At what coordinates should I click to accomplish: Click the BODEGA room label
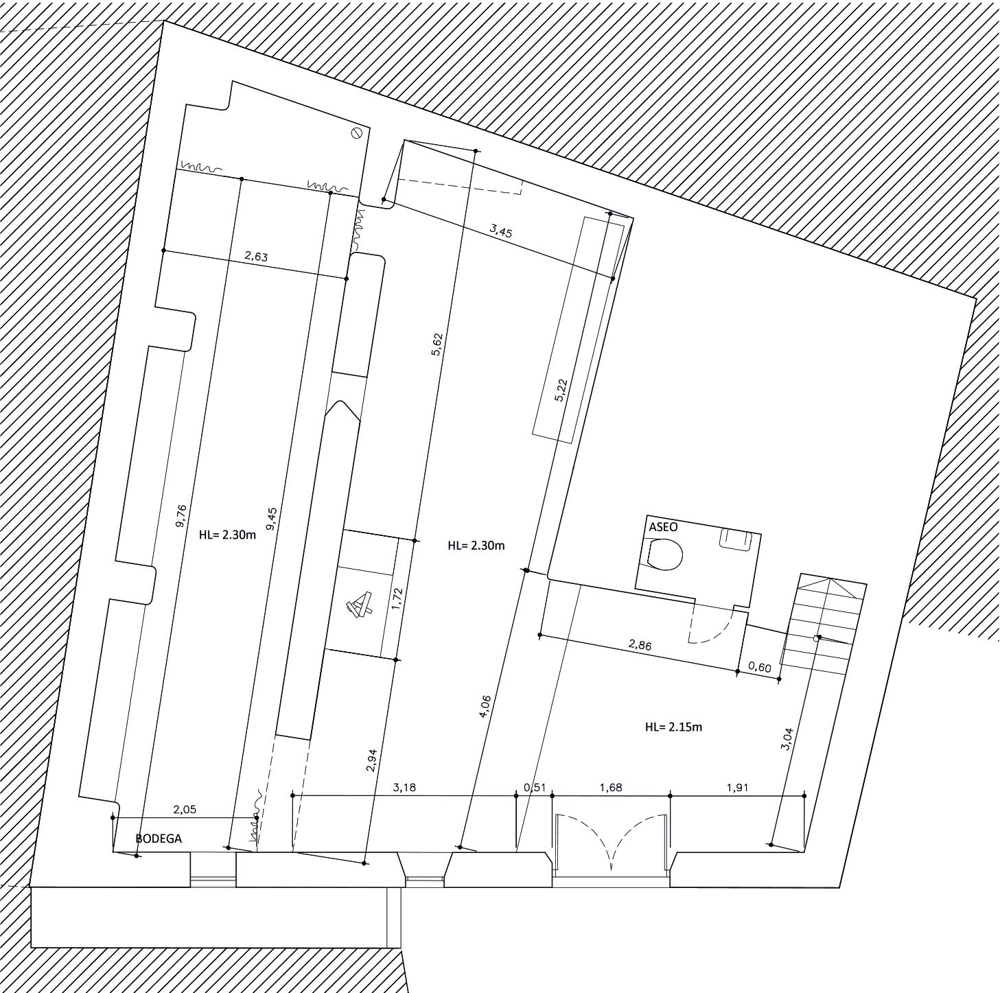point(159,839)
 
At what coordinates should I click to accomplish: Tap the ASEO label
point(663,527)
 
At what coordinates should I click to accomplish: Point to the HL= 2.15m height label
point(673,727)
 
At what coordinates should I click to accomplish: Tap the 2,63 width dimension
point(255,257)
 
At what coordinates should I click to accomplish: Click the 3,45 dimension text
point(501,231)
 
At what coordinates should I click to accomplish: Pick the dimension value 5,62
point(437,344)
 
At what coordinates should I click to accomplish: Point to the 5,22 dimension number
point(561,390)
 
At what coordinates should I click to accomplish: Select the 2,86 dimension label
point(640,645)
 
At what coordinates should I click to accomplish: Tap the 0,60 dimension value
point(760,668)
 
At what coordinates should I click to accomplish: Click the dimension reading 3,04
point(787,738)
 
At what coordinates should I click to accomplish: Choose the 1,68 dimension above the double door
point(611,787)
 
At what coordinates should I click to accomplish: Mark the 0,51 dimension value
point(535,787)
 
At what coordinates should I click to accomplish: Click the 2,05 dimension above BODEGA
point(185,809)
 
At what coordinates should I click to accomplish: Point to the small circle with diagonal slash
point(356,133)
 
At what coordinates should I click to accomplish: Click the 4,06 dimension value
point(486,706)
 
